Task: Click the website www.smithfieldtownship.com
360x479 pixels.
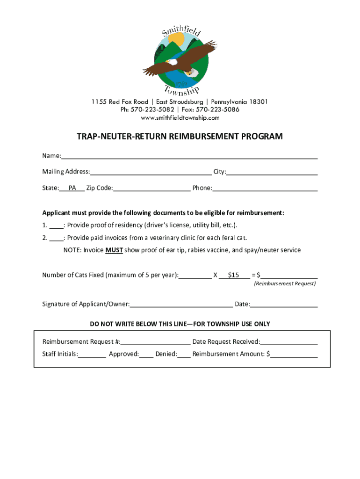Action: [x=180, y=117]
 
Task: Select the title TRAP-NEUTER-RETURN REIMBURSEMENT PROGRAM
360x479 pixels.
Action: [x=180, y=137]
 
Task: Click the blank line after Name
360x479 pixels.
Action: [x=189, y=156]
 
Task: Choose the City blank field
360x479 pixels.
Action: [x=272, y=172]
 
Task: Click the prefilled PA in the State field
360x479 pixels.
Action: [x=72, y=188]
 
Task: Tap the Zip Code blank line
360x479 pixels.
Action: [x=151, y=188]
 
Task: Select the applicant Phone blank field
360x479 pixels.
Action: [x=265, y=188]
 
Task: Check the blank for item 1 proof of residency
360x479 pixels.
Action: [x=56, y=225]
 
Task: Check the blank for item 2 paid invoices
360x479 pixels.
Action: [x=56, y=238]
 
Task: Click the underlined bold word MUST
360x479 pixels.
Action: [x=114, y=250]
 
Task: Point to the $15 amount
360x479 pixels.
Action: [x=234, y=275]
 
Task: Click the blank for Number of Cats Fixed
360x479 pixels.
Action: [x=195, y=275]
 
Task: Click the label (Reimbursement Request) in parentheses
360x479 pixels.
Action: [x=285, y=284]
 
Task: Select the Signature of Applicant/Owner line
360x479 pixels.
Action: [x=181, y=305]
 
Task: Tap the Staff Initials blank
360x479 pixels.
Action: [x=92, y=354]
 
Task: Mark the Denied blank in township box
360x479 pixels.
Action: [x=184, y=354]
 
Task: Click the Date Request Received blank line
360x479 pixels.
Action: [x=289, y=342]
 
